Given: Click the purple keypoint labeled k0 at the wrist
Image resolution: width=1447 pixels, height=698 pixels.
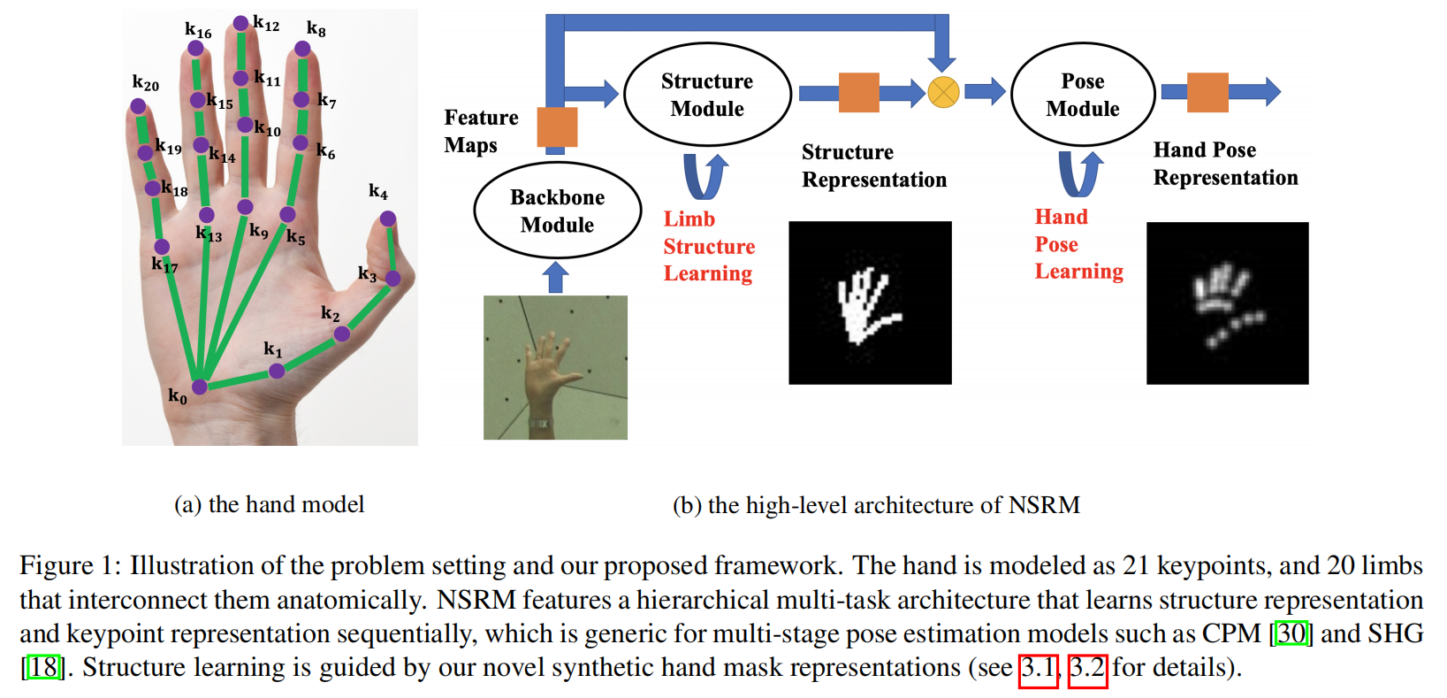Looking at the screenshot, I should point(200,387).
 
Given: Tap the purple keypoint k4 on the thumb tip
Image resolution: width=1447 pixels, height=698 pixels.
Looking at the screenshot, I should point(387,219).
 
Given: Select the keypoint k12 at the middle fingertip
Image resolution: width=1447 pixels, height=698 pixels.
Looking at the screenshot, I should point(240,23).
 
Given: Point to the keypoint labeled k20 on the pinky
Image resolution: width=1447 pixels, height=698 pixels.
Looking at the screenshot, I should point(138,106).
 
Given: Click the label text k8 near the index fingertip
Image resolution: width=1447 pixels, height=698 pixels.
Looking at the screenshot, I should point(316,29).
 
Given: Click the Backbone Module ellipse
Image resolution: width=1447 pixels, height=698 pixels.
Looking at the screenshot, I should point(557,211).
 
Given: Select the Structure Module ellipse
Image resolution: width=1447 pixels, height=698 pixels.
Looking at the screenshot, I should point(707,95).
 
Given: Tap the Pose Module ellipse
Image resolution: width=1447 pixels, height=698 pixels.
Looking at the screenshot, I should point(1082,95).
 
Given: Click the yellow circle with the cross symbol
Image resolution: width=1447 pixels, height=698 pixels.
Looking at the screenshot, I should point(943,92).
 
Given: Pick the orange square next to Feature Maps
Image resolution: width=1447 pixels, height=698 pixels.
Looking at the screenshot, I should point(557,127).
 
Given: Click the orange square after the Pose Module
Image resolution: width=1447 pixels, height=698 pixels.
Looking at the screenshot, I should point(1207,92).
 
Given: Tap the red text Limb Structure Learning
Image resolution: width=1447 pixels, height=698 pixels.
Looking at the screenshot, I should point(708,246).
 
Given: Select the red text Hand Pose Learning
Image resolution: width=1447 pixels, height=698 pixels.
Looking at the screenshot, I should point(1078,244).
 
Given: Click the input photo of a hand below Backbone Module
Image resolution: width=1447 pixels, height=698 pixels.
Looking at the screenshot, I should point(555,367).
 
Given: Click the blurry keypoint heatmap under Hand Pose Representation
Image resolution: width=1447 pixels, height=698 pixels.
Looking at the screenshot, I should point(1227,303).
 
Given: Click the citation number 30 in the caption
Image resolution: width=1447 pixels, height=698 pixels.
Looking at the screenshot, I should point(1291,633).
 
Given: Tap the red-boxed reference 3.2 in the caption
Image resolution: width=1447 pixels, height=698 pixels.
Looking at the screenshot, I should point(1087,667).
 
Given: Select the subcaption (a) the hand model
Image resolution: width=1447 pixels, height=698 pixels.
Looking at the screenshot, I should point(269,504).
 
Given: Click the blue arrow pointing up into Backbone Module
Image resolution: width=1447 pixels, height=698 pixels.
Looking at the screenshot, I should point(555,277).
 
